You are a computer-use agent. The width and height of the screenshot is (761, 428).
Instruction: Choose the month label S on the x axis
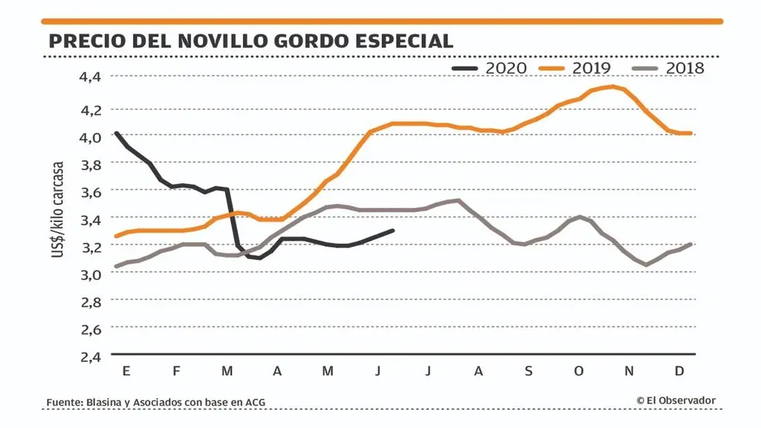tap(528, 370)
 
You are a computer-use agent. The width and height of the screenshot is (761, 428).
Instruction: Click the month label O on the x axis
tap(579, 370)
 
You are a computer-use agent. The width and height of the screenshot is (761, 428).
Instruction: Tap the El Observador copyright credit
tap(676, 401)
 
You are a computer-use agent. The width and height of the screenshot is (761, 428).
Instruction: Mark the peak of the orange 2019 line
tap(612, 86)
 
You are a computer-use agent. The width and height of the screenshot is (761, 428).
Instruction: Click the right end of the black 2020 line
tap(392, 230)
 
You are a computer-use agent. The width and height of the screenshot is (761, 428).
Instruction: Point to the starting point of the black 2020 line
tap(117, 133)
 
